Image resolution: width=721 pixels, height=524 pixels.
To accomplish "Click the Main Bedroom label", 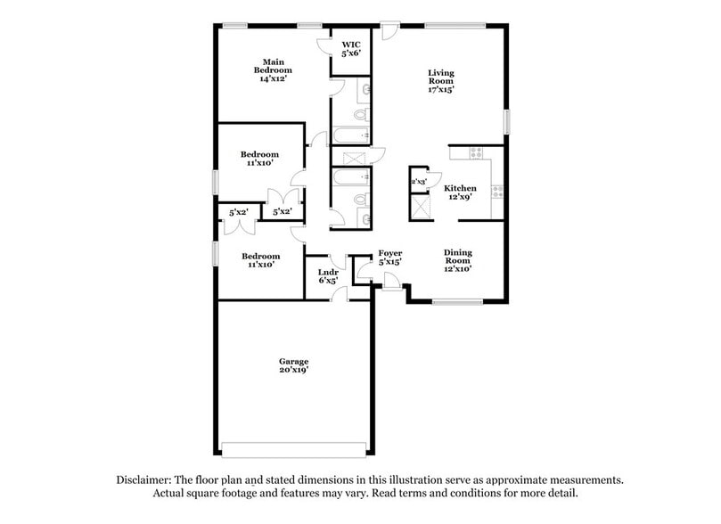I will tap(273, 70).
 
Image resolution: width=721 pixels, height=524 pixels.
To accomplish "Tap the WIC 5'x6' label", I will tap(349, 47).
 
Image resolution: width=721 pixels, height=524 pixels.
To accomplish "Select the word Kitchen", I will tap(461, 188).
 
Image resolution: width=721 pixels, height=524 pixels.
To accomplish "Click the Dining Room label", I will tap(458, 259).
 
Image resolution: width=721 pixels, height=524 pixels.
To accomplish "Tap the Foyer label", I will tap(390, 253).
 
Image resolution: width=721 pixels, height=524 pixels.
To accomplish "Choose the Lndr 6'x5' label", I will tap(327, 274).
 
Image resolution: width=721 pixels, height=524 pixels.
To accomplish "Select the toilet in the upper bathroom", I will tap(360, 115).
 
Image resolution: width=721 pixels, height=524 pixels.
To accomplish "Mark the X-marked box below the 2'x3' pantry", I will tap(419, 208).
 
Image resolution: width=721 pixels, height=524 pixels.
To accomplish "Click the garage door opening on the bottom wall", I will tap(294, 450).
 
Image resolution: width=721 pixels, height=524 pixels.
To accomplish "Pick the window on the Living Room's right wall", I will tap(506, 120).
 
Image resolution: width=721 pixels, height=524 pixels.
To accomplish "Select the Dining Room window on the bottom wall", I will tap(457, 303).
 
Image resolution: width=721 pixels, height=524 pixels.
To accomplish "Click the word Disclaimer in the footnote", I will tap(145, 479).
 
